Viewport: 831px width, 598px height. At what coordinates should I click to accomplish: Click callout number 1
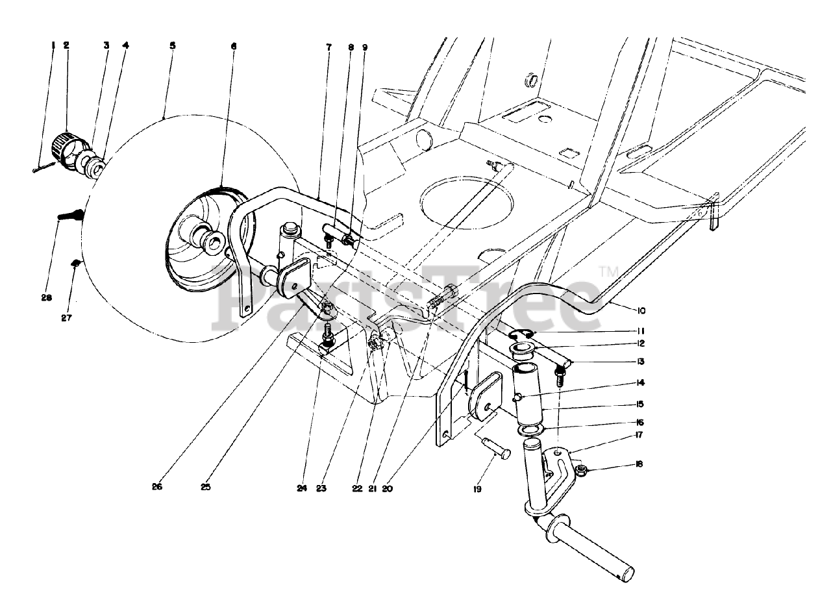(53, 45)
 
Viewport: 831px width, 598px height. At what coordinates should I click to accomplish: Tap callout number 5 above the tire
(172, 45)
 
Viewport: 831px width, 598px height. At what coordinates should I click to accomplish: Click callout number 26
(156, 486)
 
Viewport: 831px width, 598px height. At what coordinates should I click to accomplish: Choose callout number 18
(639, 464)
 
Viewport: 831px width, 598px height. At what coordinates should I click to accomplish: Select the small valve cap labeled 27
(75, 263)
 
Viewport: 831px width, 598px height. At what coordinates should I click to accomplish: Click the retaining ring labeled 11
(520, 334)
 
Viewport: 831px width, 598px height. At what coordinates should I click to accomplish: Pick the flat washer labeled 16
(530, 430)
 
